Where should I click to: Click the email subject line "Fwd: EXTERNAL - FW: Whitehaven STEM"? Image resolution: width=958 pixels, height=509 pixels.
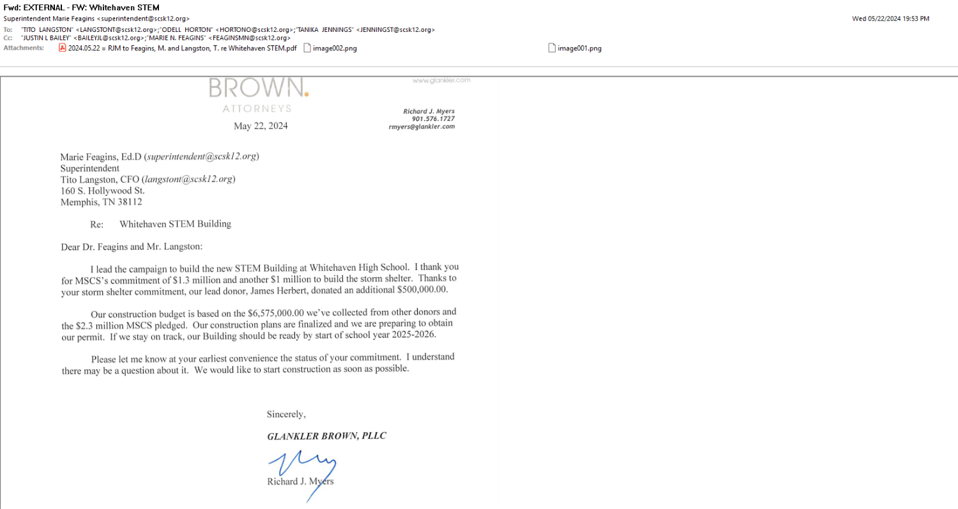pos(81,8)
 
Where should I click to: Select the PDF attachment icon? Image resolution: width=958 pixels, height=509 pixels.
pos(63,48)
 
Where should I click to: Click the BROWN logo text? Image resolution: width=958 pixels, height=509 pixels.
pos(258,88)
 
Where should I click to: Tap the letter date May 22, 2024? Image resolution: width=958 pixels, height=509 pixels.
pos(261,126)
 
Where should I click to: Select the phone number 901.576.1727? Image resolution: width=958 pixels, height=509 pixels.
pos(433,119)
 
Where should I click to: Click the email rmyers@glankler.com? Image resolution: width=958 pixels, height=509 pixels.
pos(422,126)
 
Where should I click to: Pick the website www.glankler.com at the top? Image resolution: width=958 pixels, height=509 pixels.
pos(441,80)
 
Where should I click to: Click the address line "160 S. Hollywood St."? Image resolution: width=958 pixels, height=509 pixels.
pos(102,191)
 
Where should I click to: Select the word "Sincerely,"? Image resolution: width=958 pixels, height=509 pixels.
pos(286,414)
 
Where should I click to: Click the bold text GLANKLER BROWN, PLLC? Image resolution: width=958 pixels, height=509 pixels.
pos(326,436)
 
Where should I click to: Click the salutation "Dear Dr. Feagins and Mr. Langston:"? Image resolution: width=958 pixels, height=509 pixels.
pos(131,247)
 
